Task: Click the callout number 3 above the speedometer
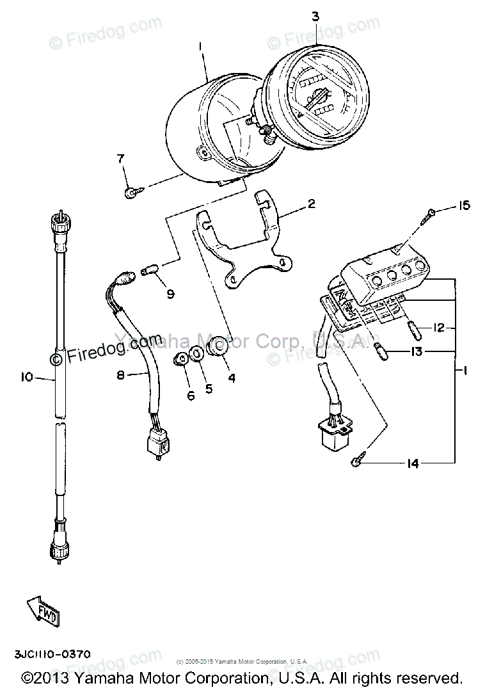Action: pyautogui.click(x=315, y=16)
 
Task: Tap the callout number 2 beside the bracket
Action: pyautogui.click(x=311, y=204)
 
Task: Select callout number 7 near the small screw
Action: pyautogui.click(x=119, y=158)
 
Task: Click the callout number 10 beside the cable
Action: pyautogui.click(x=26, y=378)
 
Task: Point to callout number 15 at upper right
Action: pyautogui.click(x=464, y=205)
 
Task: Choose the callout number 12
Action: pyautogui.click(x=438, y=328)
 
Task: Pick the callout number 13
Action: pyautogui.click(x=417, y=351)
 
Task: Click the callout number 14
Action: pyautogui.click(x=413, y=463)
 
